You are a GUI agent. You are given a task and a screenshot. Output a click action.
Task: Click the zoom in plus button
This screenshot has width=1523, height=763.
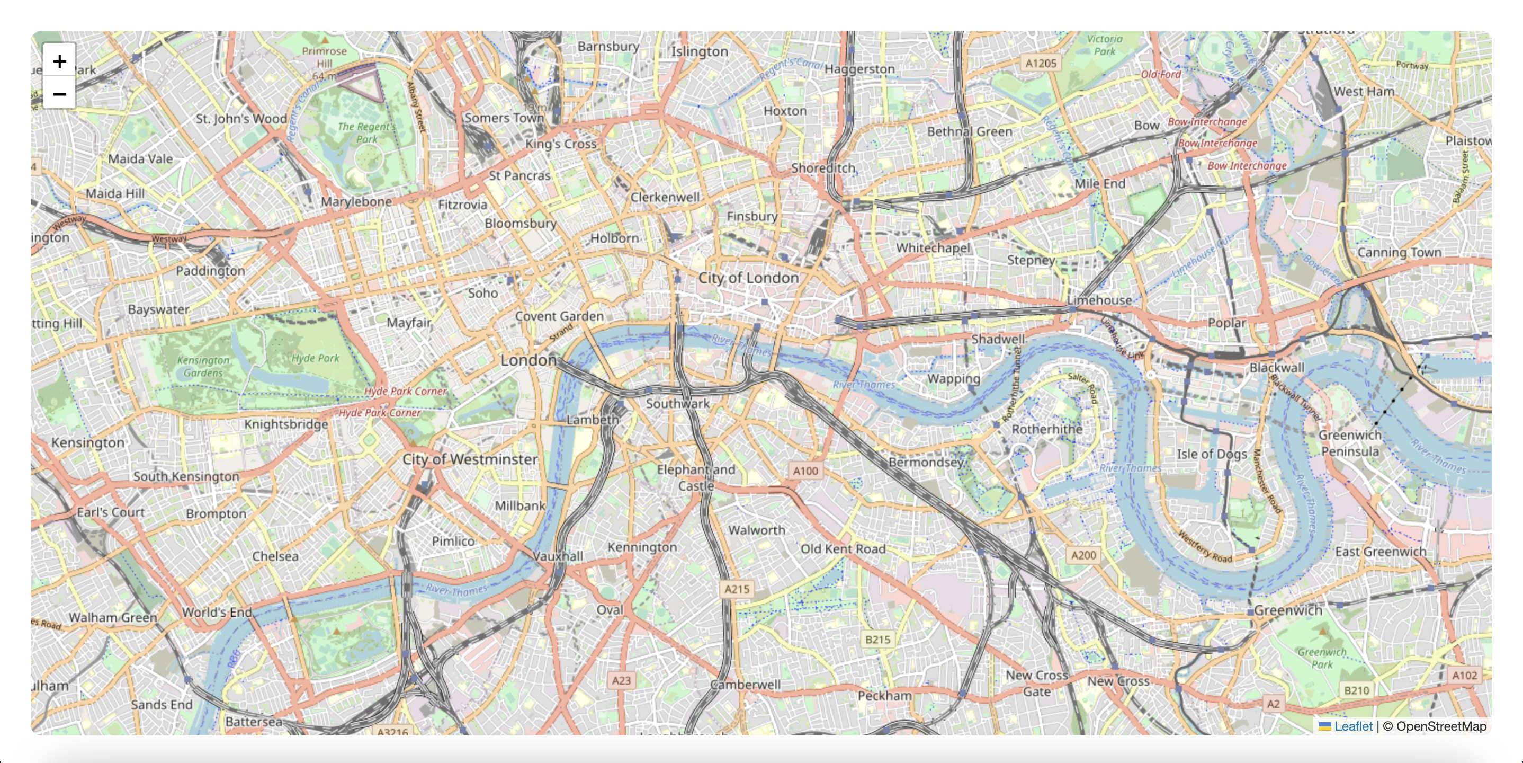tap(59, 61)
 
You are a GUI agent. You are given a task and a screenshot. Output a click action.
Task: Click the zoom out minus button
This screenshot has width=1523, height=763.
tap(59, 94)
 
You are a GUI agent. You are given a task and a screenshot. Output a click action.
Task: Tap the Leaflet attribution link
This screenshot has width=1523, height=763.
tap(1352, 726)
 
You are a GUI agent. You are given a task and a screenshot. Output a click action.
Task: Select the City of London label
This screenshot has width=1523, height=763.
tap(748, 278)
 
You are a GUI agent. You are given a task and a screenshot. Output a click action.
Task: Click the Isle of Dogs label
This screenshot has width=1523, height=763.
tap(1212, 454)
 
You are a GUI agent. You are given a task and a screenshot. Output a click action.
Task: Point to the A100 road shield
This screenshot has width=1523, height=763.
tap(805, 471)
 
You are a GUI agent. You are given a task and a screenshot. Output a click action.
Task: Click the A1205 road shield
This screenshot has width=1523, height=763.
tap(1041, 63)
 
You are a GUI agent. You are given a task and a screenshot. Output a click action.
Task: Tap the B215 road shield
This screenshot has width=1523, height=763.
tap(877, 640)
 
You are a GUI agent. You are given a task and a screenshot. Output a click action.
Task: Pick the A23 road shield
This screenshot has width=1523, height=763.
tap(621, 680)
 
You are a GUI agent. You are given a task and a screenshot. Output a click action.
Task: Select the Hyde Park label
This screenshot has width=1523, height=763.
tap(315, 358)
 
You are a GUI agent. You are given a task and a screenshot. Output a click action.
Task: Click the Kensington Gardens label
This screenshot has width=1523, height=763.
tap(203, 366)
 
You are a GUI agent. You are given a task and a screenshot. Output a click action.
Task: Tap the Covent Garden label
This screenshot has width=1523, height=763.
tap(559, 316)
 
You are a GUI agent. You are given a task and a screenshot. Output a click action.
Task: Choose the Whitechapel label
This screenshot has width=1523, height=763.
tap(933, 247)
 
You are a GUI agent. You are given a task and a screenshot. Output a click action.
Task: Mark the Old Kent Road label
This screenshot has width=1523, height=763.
tap(843, 549)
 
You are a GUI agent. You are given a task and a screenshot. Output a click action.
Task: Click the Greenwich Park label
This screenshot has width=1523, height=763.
tap(1322, 658)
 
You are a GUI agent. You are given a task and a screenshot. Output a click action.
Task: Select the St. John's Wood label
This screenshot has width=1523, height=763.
tap(241, 118)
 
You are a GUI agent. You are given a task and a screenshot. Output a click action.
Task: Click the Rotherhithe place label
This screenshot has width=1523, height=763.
tap(1046, 429)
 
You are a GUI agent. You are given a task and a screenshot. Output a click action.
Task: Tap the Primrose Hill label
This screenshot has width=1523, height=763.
tap(324, 57)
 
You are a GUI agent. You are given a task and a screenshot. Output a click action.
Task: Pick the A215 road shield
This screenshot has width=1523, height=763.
tap(737, 589)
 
